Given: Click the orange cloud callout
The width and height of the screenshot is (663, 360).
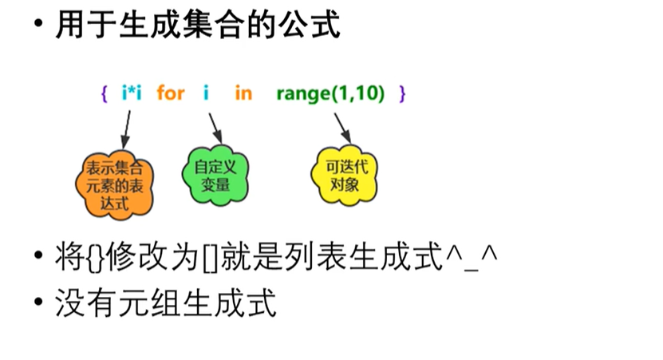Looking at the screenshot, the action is [114, 185].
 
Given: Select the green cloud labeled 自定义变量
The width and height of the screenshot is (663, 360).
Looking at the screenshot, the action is [215, 175].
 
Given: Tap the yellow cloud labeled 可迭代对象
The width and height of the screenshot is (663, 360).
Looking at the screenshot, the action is [344, 175].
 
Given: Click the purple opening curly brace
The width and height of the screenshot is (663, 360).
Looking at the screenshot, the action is [105, 93].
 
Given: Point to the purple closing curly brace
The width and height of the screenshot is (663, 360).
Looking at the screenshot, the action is [402, 93].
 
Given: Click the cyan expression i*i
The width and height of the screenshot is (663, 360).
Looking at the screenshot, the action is [132, 93].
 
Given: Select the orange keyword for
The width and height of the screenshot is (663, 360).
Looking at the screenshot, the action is [171, 93].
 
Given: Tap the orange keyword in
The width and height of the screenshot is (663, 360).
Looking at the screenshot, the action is [243, 93].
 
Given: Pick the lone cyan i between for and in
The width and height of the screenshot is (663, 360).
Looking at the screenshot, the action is [206, 93].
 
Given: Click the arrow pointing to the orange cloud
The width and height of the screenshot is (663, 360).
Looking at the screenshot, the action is [127, 130].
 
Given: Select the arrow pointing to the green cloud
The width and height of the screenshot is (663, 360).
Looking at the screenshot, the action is [215, 129].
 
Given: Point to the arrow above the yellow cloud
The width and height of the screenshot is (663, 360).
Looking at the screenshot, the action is [343, 129].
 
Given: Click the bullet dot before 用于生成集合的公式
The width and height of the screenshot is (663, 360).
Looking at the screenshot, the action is [38, 23].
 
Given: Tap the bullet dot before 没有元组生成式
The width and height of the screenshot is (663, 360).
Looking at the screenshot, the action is [38, 302].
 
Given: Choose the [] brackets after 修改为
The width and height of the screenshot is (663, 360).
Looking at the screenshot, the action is [210, 258].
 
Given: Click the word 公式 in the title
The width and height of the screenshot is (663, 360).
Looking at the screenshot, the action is [310, 25].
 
